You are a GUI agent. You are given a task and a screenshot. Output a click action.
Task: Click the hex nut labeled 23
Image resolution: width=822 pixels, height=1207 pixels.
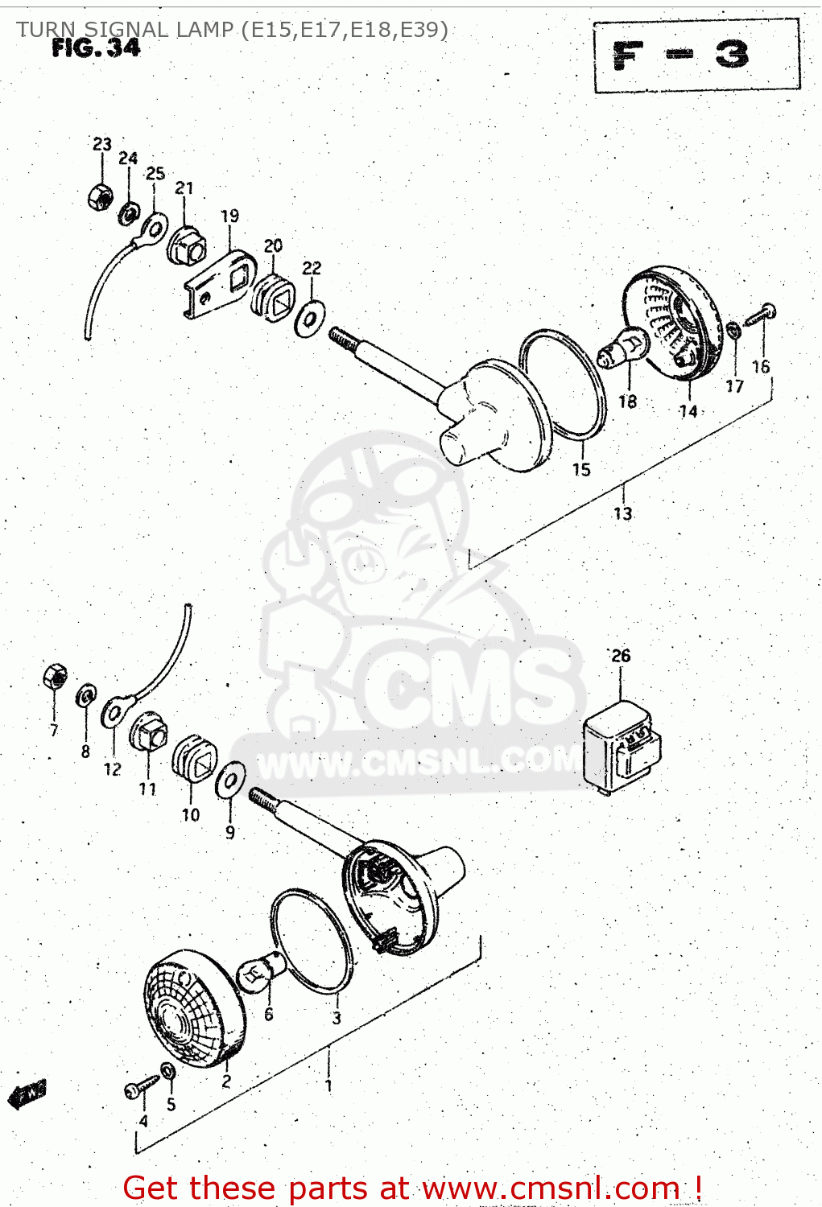100,196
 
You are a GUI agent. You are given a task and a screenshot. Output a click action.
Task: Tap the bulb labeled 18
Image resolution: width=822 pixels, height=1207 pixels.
624,351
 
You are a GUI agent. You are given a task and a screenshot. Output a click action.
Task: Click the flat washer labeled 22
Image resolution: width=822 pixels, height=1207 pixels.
310,319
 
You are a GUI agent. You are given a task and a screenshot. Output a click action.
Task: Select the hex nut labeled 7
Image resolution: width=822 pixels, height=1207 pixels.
55,678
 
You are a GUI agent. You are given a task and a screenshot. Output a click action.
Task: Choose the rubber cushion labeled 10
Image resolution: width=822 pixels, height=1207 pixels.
196,758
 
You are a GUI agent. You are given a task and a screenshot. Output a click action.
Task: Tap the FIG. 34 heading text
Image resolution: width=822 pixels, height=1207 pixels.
96,48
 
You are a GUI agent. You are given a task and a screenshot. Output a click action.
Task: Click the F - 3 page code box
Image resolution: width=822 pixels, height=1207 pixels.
696,56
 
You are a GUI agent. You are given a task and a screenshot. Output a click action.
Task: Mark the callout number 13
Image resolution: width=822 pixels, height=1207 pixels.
622,513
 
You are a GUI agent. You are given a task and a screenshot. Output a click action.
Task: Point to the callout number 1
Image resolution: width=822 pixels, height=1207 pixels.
328,1085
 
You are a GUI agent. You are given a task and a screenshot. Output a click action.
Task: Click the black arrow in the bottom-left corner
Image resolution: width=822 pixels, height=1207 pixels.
27,1094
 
